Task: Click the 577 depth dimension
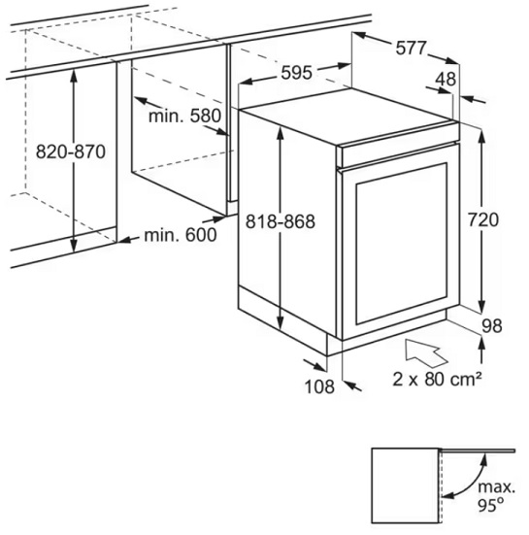[411, 49]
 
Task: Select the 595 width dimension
[296, 73]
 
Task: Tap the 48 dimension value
[446, 80]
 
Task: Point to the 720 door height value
[483, 219]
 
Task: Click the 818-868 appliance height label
[281, 221]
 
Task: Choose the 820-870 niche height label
[71, 151]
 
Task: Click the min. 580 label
[184, 116]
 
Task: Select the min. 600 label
[181, 235]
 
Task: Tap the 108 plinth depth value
[319, 386]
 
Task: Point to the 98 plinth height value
[492, 326]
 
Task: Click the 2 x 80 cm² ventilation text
[437, 379]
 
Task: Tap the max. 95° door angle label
[496, 496]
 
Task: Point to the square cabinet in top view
[406, 485]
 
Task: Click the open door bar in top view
[478, 451]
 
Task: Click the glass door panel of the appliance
[402, 244]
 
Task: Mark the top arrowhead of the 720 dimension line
[481, 136]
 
